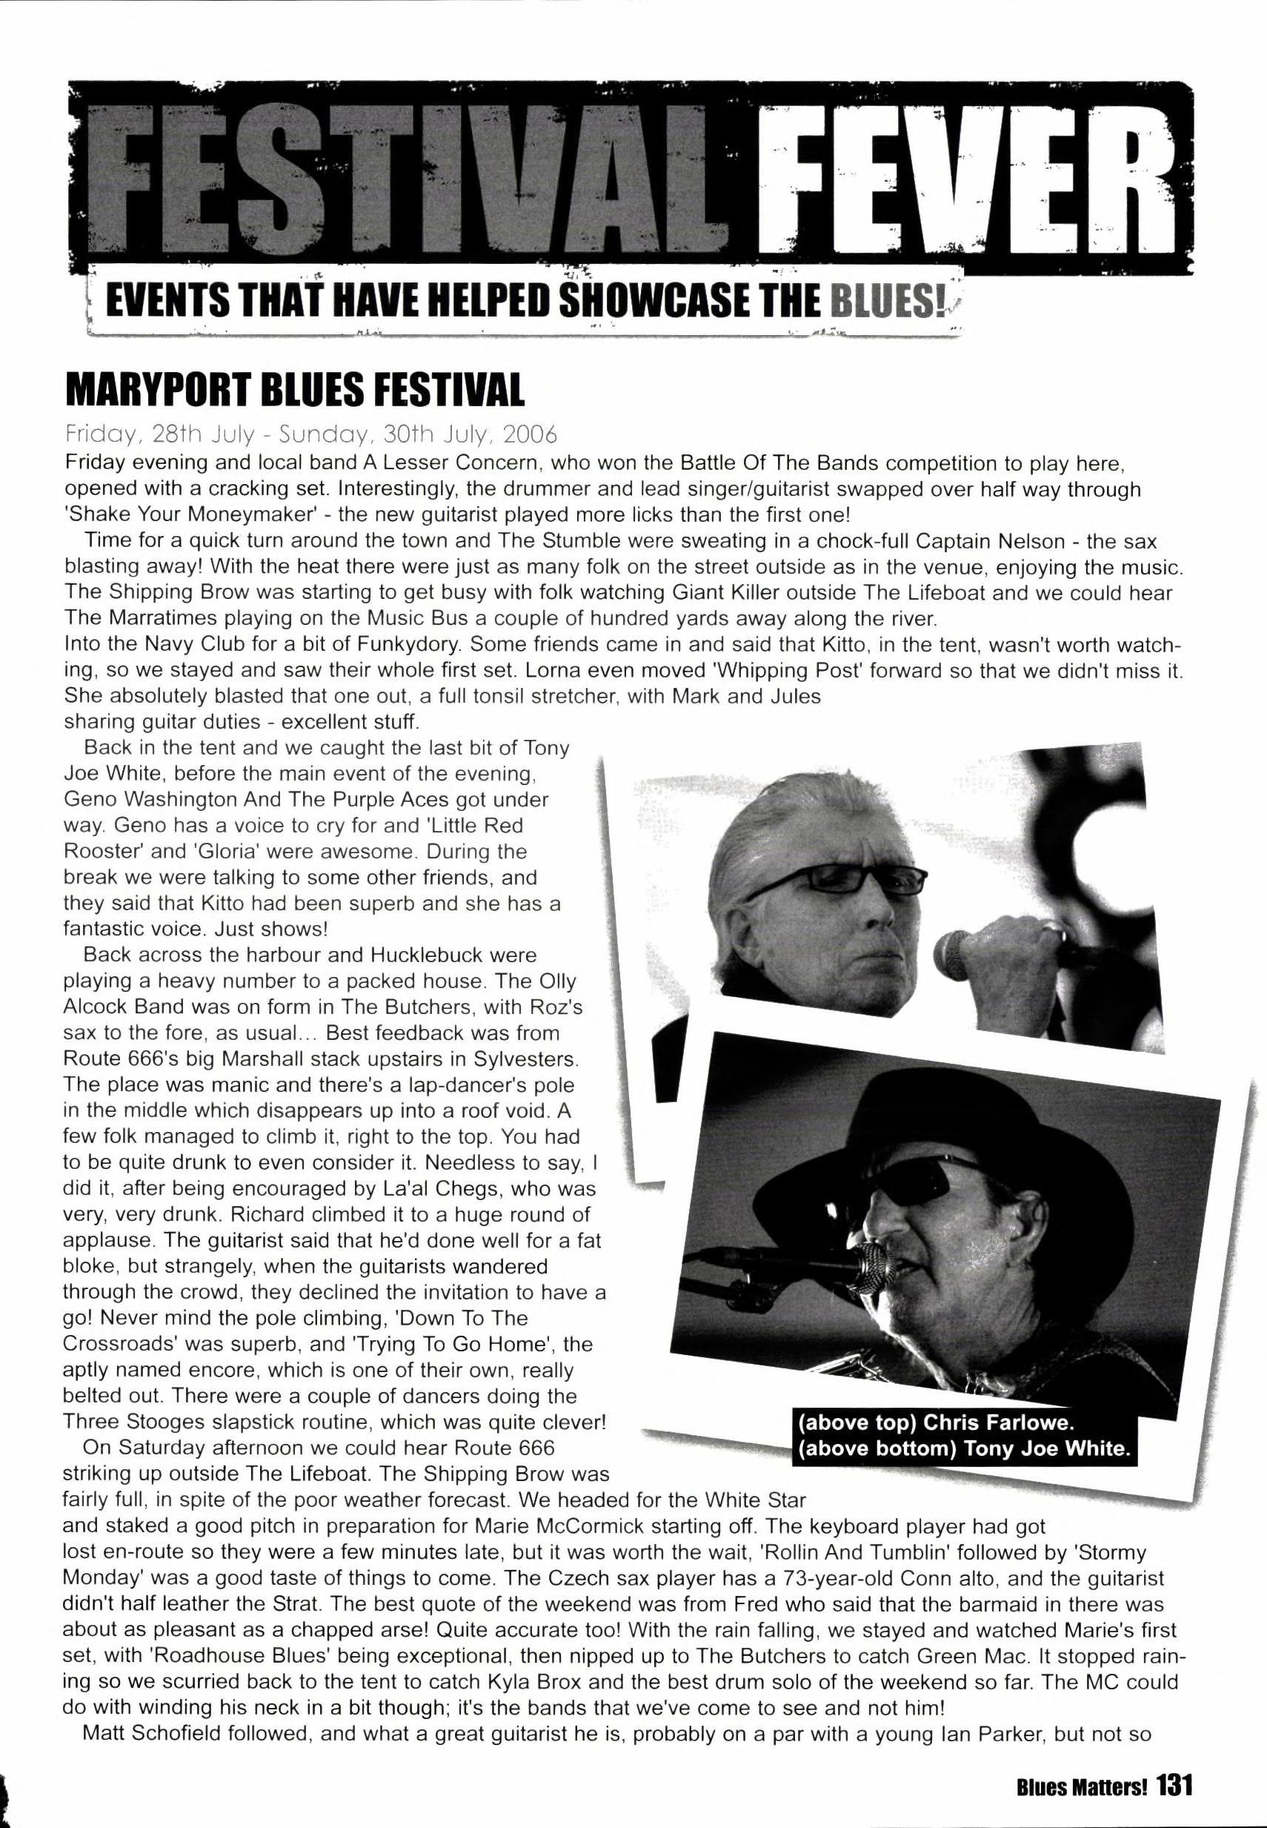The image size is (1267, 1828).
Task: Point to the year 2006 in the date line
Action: [x=531, y=435]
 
